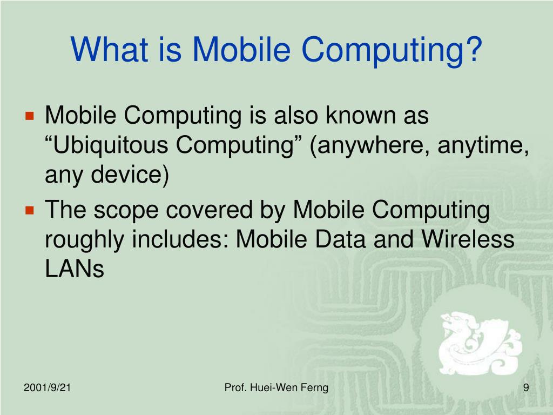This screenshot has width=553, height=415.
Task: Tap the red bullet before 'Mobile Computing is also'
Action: coord(30,116)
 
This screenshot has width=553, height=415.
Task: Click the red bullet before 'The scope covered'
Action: coord(30,210)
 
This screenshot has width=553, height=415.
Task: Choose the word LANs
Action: coord(74,269)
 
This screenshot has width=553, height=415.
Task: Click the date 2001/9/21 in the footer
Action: coord(47,387)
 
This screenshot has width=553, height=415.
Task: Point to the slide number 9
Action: coord(525,387)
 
